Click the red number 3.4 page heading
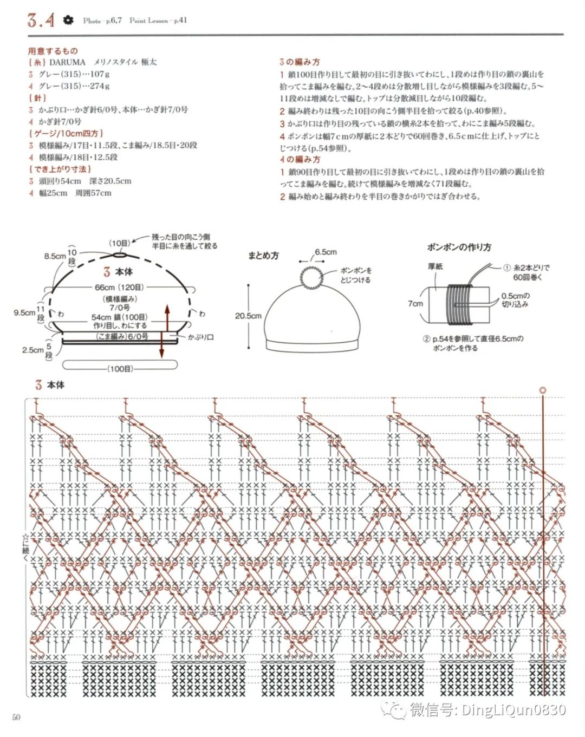41,21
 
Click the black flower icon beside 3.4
68,20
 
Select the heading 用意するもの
53,51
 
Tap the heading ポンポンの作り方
459,247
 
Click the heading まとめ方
263,256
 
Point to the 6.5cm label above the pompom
326,252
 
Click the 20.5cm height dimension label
248,316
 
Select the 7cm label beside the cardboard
415,303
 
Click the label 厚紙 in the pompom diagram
435,266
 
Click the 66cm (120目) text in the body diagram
120,287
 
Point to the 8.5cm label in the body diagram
55,256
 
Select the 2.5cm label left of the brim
32,350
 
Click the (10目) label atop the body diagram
120,243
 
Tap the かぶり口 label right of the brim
201,337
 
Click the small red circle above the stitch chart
543,390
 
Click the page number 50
16,717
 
